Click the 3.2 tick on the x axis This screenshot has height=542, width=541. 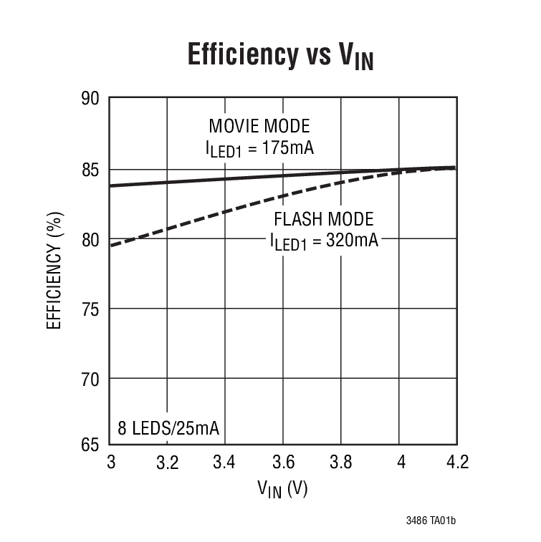pyautogui.click(x=167, y=463)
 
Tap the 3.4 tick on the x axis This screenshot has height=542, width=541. pyautogui.click(x=225, y=463)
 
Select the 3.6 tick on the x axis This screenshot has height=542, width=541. pyautogui.click(x=283, y=463)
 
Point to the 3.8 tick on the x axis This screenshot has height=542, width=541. pyautogui.click(x=341, y=463)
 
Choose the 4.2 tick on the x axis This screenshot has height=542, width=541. pyautogui.click(x=456, y=463)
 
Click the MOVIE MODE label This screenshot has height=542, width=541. pyautogui.click(x=259, y=127)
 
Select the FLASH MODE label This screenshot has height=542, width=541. pyautogui.click(x=324, y=219)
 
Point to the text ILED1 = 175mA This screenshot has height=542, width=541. pyautogui.click(x=259, y=150)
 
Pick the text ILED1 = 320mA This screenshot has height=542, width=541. pyautogui.click(x=324, y=242)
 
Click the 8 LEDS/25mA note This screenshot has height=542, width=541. pyautogui.click(x=168, y=429)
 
